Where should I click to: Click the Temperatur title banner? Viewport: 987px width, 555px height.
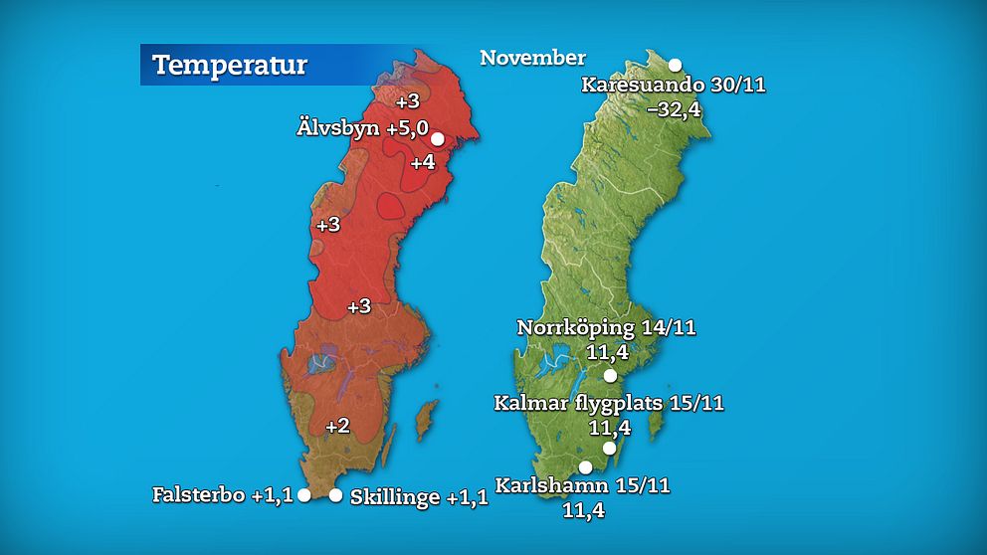pyautogui.click(x=229, y=66)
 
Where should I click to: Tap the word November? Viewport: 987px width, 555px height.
pyautogui.click(x=532, y=58)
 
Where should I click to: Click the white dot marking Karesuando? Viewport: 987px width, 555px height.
pyautogui.click(x=675, y=65)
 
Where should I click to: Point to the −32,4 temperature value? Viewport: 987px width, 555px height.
pyautogui.click(x=674, y=109)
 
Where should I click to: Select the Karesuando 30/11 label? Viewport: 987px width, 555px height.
pyautogui.click(x=674, y=86)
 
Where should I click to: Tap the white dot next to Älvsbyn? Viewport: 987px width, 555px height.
pyautogui.click(x=437, y=139)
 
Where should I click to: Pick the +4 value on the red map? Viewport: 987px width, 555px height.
pyautogui.click(x=422, y=162)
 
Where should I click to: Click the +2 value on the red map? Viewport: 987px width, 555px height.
pyautogui.click(x=337, y=426)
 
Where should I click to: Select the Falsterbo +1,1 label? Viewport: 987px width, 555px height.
pyautogui.click(x=223, y=494)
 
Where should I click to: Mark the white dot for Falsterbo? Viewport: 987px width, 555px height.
pyautogui.click(x=304, y=494)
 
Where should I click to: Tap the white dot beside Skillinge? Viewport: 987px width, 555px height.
pyautogui.click(x=336, y=495)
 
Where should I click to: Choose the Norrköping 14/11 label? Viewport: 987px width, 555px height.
pyautogui.click(x=606, y=328)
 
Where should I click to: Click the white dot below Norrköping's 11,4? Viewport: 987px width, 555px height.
pyautogui.click(x=611, y=376)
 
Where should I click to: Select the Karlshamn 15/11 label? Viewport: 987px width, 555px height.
pyautogui.click(x=583, y=487)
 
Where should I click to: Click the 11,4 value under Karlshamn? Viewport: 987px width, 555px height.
pyautogui.click(x=583, y=511)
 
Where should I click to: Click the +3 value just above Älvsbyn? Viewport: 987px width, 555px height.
pyautogui.click(x=408, y=101)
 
